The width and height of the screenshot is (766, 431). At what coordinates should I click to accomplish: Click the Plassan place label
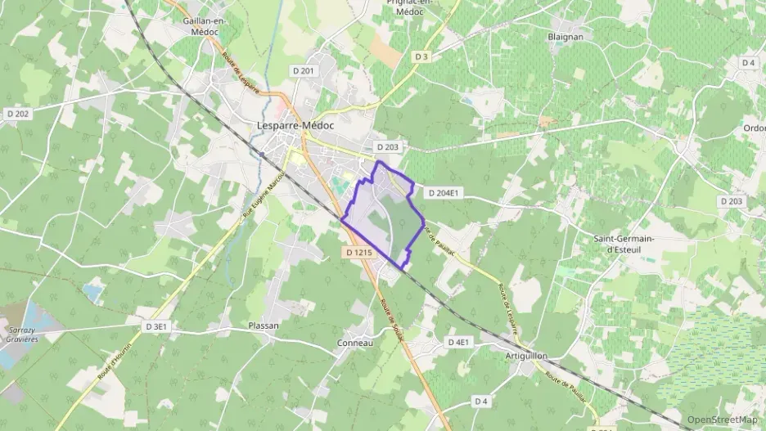coord(264,325)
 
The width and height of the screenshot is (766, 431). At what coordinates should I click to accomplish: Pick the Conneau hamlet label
coord(355,343)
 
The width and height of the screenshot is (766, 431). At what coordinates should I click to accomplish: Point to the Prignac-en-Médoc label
coord(412,7)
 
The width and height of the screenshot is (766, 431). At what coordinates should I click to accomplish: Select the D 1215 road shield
coord(359,254)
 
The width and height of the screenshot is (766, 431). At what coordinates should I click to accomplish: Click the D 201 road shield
coord(303,72)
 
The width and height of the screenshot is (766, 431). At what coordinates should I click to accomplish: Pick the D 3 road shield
coord(421,56)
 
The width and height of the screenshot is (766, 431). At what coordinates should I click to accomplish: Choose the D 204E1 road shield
coord(444,194)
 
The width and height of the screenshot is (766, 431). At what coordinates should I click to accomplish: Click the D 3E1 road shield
coord(157,326)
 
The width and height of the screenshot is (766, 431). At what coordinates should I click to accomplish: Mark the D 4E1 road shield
coord(458,341)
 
